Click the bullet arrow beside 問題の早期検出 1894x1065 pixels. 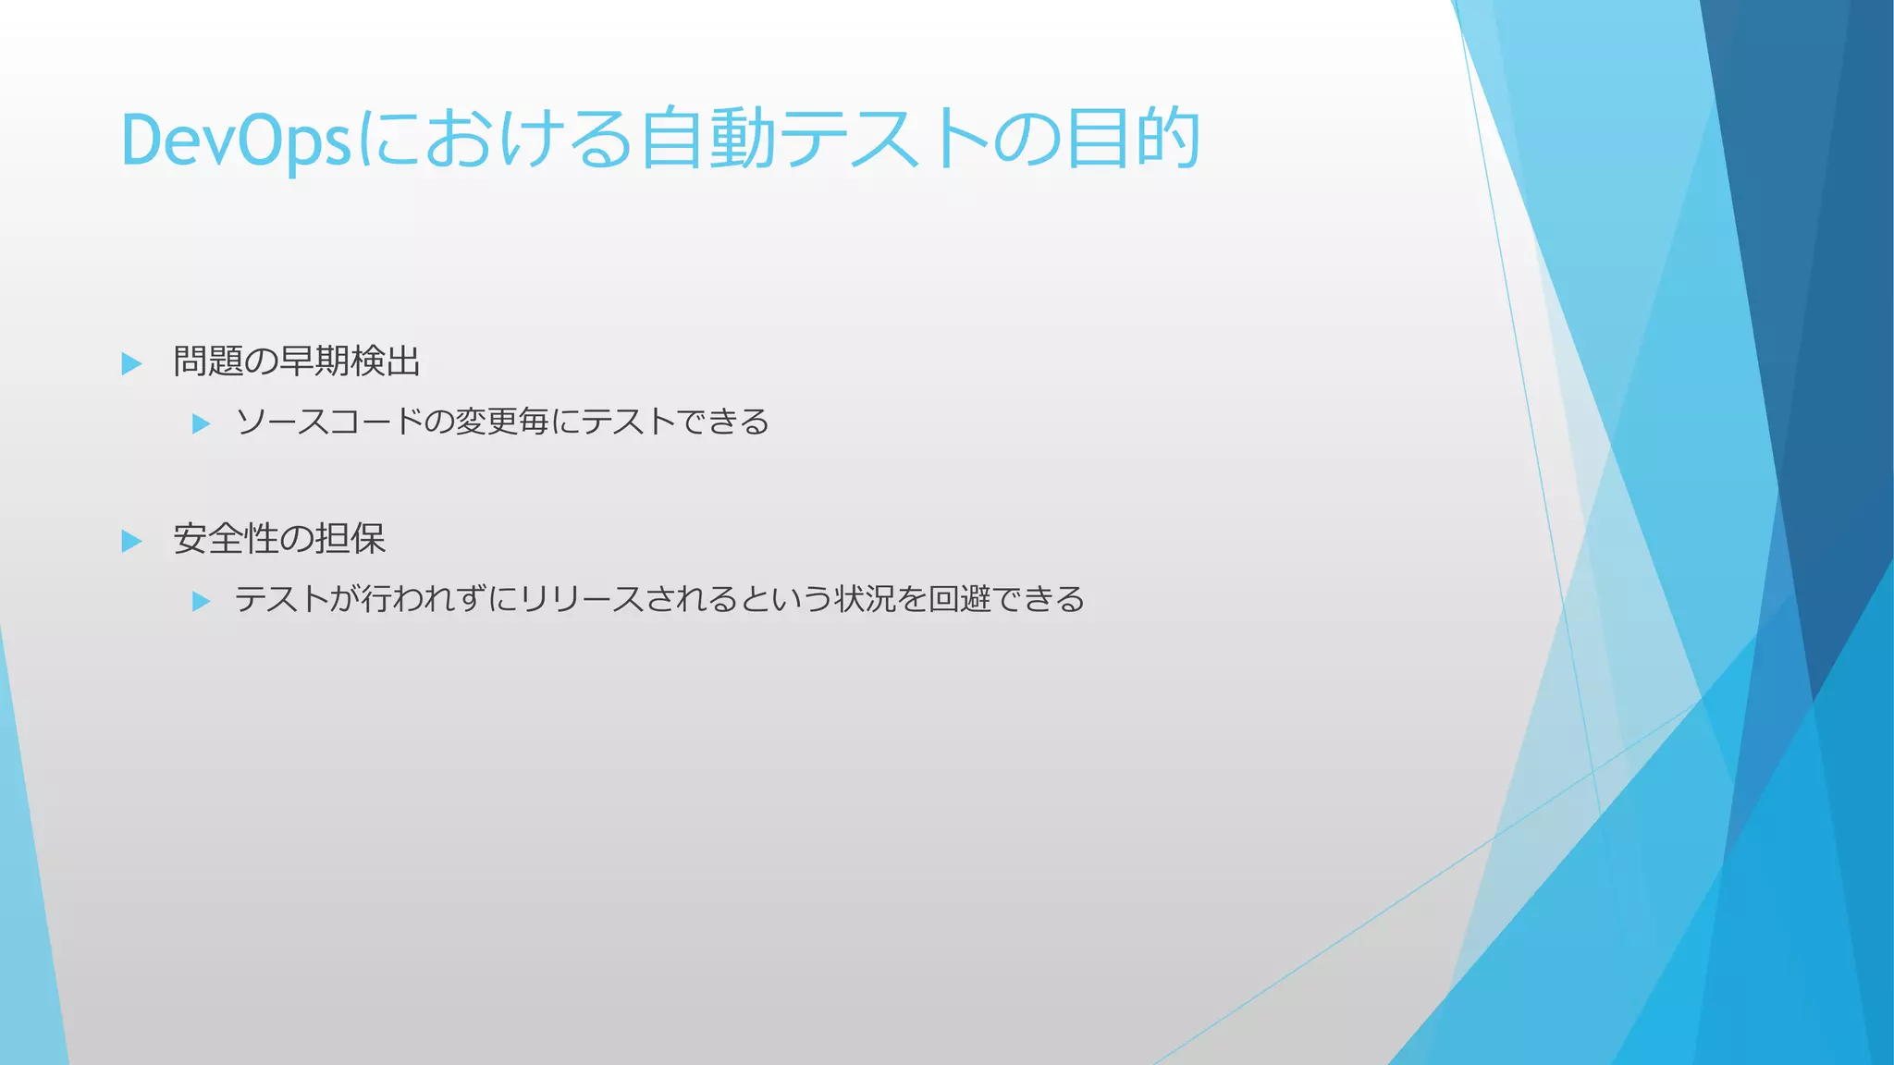(x=131, y=363)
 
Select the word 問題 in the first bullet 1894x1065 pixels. (x=208, y=361)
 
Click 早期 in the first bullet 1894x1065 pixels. (x=314, y=361)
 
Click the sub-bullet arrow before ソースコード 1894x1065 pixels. (x=201, y=424)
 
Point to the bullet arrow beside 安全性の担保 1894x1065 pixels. (x=131, y=541)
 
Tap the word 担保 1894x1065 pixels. (x=350, y=539)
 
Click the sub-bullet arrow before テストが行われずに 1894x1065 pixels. (x=201, y=602)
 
